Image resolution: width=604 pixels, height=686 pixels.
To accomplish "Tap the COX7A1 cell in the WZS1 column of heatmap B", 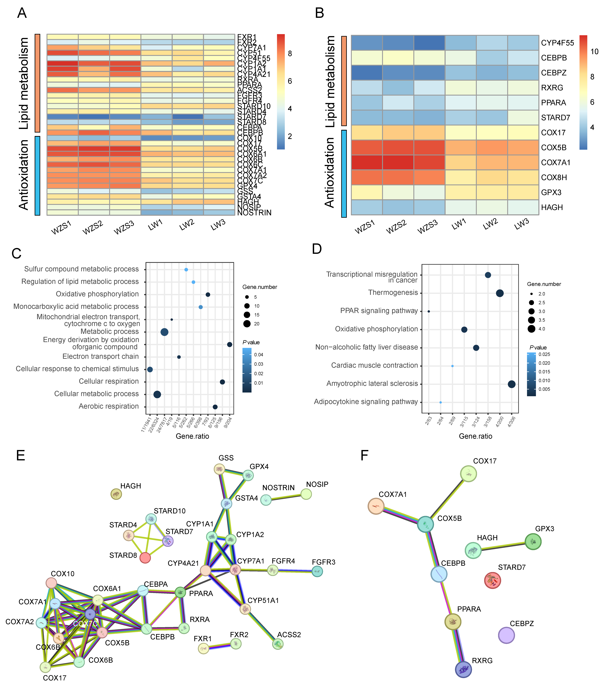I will point(366,162).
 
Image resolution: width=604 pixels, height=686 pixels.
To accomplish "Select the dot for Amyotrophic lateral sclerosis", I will point(511,384).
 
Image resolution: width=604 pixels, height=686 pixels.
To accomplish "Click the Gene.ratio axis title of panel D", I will point(475,436).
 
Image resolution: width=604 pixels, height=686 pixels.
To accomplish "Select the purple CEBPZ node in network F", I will point(506,635).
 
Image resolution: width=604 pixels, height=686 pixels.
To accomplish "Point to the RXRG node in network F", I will point(463,670).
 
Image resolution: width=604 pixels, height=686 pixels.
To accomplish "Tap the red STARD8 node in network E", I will point(145,558).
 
